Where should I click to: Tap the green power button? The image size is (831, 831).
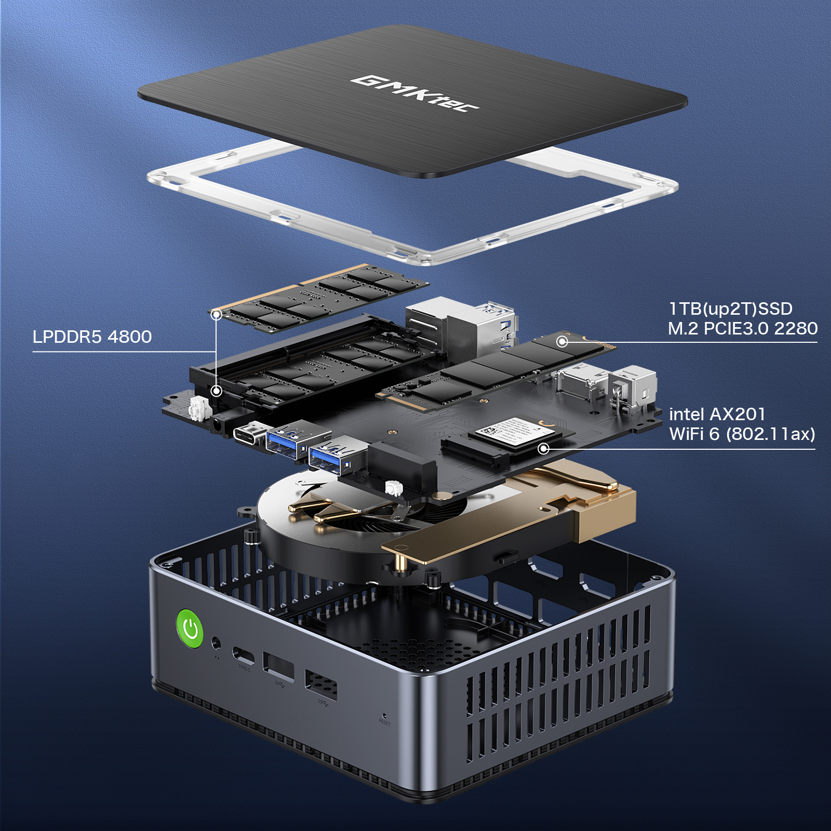tap(191, 628)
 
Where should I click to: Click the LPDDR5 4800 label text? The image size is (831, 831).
tap(92, 337)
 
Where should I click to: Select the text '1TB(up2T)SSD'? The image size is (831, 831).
tap(730, 309)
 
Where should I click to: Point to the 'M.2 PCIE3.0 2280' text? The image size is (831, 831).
tap(742, 328)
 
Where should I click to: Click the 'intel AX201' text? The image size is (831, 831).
tap(717, 414)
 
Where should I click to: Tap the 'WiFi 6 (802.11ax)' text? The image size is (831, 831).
tap(742, 434)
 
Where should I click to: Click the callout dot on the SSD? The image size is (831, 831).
tap(561, 341)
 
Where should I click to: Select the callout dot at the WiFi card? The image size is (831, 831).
tap(543, 448)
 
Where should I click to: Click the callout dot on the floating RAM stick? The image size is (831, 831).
tap(217, 315)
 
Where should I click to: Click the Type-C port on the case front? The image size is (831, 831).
tap(244, 655)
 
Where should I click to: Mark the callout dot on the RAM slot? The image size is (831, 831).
tap(217, 391)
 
